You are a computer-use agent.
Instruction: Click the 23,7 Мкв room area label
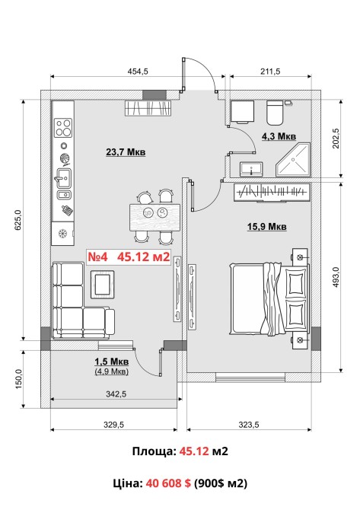click(126, 152)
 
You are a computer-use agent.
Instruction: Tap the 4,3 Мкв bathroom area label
click(279, 136)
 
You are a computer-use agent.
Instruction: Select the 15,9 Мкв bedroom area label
click(267, 226)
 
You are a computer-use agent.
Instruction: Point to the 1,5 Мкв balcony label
click(112, 362)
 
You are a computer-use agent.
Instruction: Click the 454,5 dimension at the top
click(137, 72)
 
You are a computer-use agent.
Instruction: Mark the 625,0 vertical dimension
click(18, 220)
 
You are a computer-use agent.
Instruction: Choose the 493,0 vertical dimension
click(336, 277)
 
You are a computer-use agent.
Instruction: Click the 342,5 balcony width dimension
click(116, 394)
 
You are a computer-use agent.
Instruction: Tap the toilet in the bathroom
click(275, 113)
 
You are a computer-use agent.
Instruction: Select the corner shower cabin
click(293, 159)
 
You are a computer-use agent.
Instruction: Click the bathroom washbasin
click(251, 169)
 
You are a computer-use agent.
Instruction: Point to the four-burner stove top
click(63, 128)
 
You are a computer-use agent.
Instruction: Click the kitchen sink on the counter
click(63, 178)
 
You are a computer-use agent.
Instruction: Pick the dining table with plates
click(155, 217)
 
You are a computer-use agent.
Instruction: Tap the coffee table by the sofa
click(103, 284)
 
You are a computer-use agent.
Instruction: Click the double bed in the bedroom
click(269, 299)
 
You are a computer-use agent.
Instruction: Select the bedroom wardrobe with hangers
click(272, 193)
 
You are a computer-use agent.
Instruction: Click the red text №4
click(97, 257)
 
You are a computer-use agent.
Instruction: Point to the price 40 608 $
click(168, 483)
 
